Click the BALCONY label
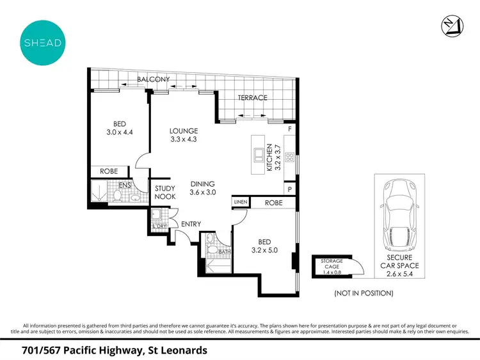pyautogui.click(x=153, y=79)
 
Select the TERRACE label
pyautogui.click(x=252, y=98)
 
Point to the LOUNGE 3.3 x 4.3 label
pyautogui.click(x=184, y=135)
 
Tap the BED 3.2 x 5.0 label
pyautogui.click(x=264, y=246)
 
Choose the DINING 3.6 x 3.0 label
pyautogui.click(x=204, y=187)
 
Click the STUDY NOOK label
pyautogui.click(x=165, y=193)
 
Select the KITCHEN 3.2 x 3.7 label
pyautogui.click(x=273, y=157)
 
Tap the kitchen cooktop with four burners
pyautogui.click(x=289, y=157)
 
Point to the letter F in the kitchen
pyautogui.click(x=290, y=130)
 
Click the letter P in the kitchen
pyautogui.click(x=290, y=190)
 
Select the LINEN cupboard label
pyautogui.click(x=240, y=202)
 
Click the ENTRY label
pyautogui.click(x=191, y=224)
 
